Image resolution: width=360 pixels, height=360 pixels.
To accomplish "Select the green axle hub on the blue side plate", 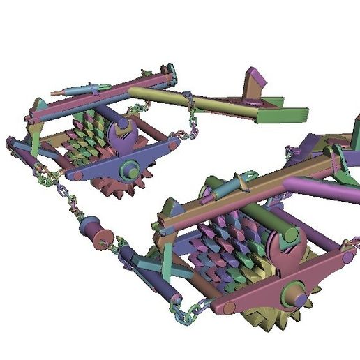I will pyautogui.click(x=129, y=168).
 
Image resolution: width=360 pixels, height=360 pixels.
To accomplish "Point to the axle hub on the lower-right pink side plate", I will pyautogui.click(x=293, y=296).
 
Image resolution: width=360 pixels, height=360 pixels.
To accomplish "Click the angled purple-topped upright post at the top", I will pyautogui.click(x=253, y=84).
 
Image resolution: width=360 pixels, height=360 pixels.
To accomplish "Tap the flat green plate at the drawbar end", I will pyautogui.click(x=283, y=114).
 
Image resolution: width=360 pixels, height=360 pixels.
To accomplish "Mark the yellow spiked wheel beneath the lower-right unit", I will pyautogui.click(x=269, y=321).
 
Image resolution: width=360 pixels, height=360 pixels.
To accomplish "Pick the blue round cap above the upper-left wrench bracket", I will pyautogui.click(x=123, y=123).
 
